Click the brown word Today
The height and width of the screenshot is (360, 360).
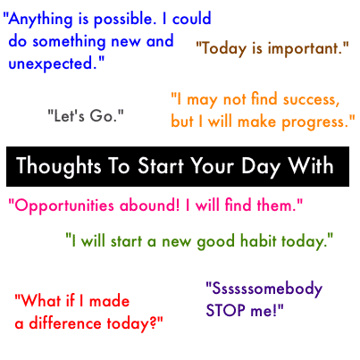click(223, 48)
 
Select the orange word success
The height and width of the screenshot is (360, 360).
click(308, 98)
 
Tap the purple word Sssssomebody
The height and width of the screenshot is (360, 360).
click(264, 289)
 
